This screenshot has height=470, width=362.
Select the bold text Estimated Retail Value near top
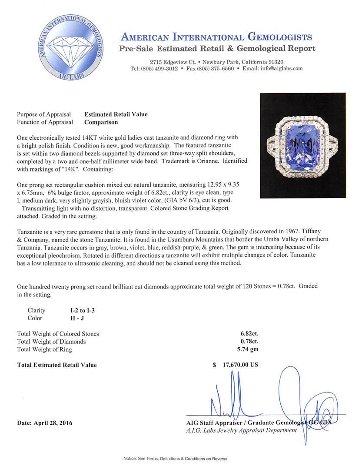click(116, 114)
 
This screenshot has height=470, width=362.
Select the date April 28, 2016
click(45, 423)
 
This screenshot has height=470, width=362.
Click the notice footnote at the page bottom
click(175, 459)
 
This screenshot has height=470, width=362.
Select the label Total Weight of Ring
click(44, 349)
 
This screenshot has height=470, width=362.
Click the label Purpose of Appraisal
click(44, 114)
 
